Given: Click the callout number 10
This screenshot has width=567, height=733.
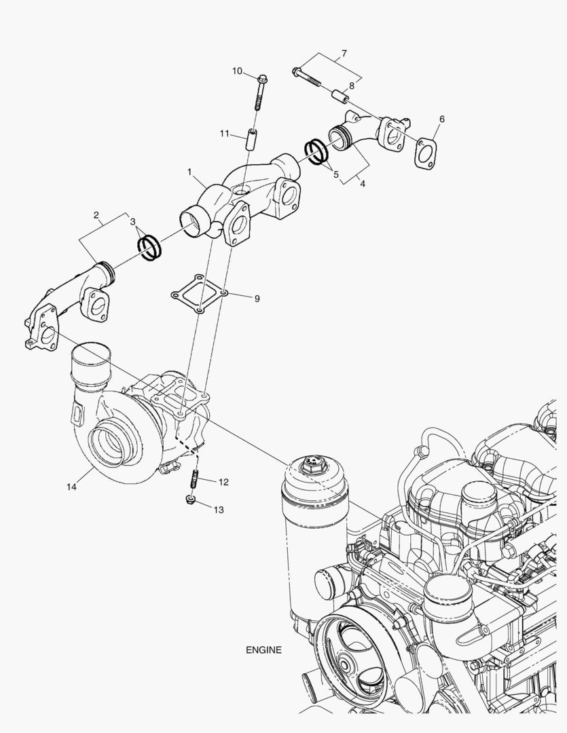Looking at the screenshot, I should [x=237, y=71].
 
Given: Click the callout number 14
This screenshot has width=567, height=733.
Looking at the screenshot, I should [x=72, y=486].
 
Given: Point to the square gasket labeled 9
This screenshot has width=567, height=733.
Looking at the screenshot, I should [x=198, y=294].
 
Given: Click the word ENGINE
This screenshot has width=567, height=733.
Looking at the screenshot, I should [x=263, y=650].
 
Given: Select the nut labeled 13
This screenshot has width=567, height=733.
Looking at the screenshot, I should [x=191, y=502].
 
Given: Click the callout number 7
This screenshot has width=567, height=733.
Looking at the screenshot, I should [x=344, y=53].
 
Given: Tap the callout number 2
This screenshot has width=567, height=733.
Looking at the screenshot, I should [x=97, y=216].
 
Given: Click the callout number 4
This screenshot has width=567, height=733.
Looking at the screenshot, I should [x=362, y=184].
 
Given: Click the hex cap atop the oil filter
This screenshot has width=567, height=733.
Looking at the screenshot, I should [x=312, y=464].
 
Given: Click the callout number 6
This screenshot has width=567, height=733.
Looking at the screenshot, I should [x=441, y=119].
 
